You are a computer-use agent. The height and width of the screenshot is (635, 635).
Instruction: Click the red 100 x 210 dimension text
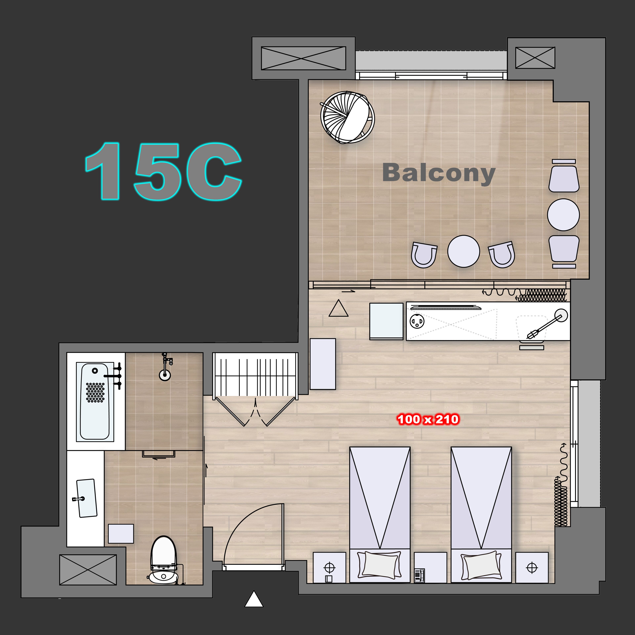[428, 419]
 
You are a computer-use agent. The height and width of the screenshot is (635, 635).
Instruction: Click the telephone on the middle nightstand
[419, 575]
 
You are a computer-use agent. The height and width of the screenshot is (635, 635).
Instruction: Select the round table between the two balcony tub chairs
[463, 251]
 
